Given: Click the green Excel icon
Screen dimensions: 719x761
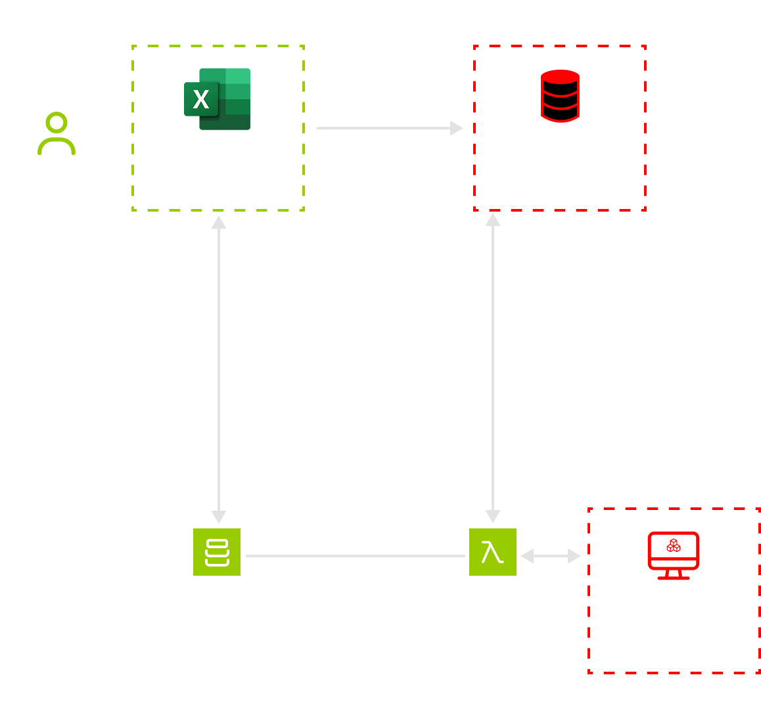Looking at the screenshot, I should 218,99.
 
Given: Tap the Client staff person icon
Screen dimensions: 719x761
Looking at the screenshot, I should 57,134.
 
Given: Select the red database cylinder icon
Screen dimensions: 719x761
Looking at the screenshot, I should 560,96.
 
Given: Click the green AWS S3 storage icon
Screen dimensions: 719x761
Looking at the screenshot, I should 217,552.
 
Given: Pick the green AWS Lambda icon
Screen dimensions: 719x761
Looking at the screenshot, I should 493,552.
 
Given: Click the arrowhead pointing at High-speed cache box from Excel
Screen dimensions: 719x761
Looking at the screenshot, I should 456,128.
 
